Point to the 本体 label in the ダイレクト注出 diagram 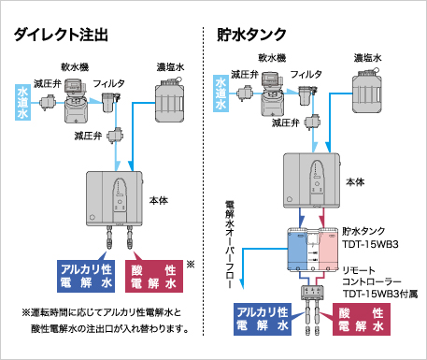click(160, 200)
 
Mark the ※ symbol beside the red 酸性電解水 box click(191, 264)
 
